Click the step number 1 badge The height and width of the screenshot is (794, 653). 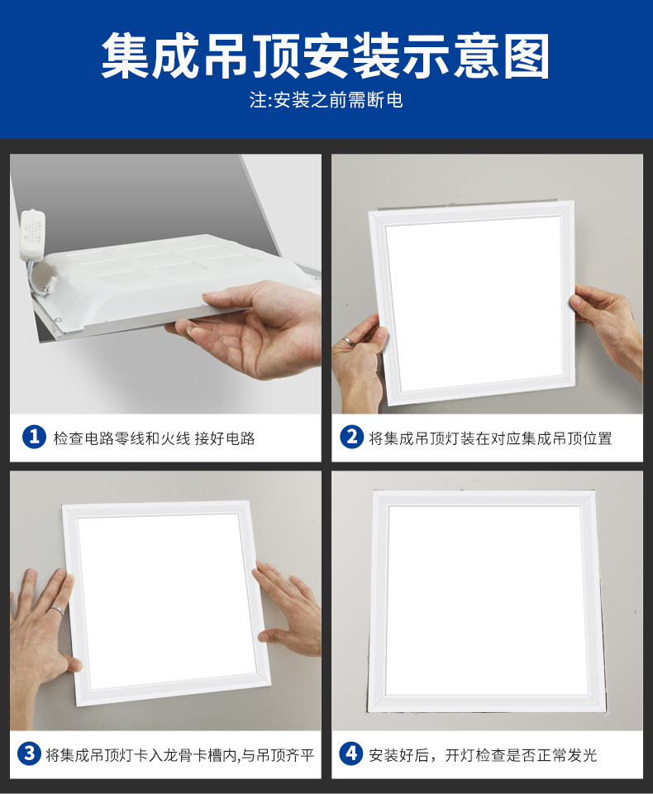(x=35, y=437)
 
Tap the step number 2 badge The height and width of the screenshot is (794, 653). (x=352, y=437)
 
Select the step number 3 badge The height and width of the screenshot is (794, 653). (x=29, y=753)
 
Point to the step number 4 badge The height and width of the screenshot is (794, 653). (x=350, y=753)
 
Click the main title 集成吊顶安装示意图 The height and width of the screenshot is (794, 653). (x=326, y=55)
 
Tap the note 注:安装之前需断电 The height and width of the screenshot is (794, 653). (x=326, y=100)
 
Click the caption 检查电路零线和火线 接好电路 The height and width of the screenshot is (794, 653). (x=155, y=438)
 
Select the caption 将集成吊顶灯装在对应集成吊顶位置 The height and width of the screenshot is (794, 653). (x=490, y=438)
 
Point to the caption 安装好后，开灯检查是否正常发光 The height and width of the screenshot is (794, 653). (x=483, y=755)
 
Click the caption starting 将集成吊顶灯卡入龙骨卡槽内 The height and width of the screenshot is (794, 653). (x=179, y=755)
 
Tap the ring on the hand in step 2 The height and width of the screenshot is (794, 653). (x=347, y=340)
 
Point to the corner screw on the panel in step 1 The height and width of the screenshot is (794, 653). (x=58, y=320)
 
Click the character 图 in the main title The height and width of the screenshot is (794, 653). (x=527, y=55)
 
